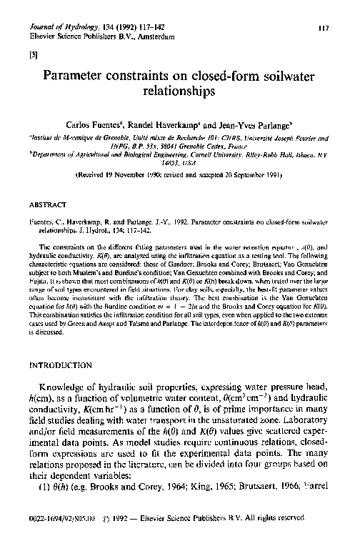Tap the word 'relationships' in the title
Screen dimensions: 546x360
(x=179, y=91)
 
